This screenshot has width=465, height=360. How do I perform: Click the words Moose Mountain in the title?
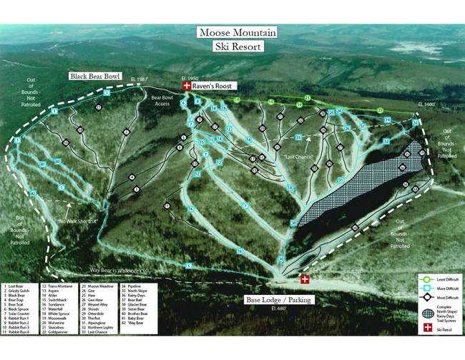click(x=237, y=33)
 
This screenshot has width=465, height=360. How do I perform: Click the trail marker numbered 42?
click(x=32, y=193)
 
